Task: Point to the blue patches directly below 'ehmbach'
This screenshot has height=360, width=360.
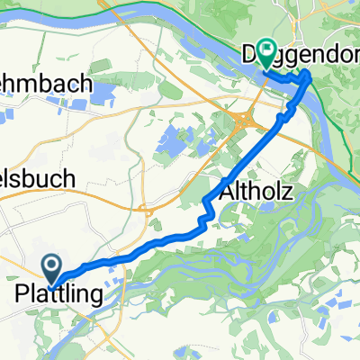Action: click(54, 105)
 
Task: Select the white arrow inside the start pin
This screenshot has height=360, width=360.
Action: click(52, 262)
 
